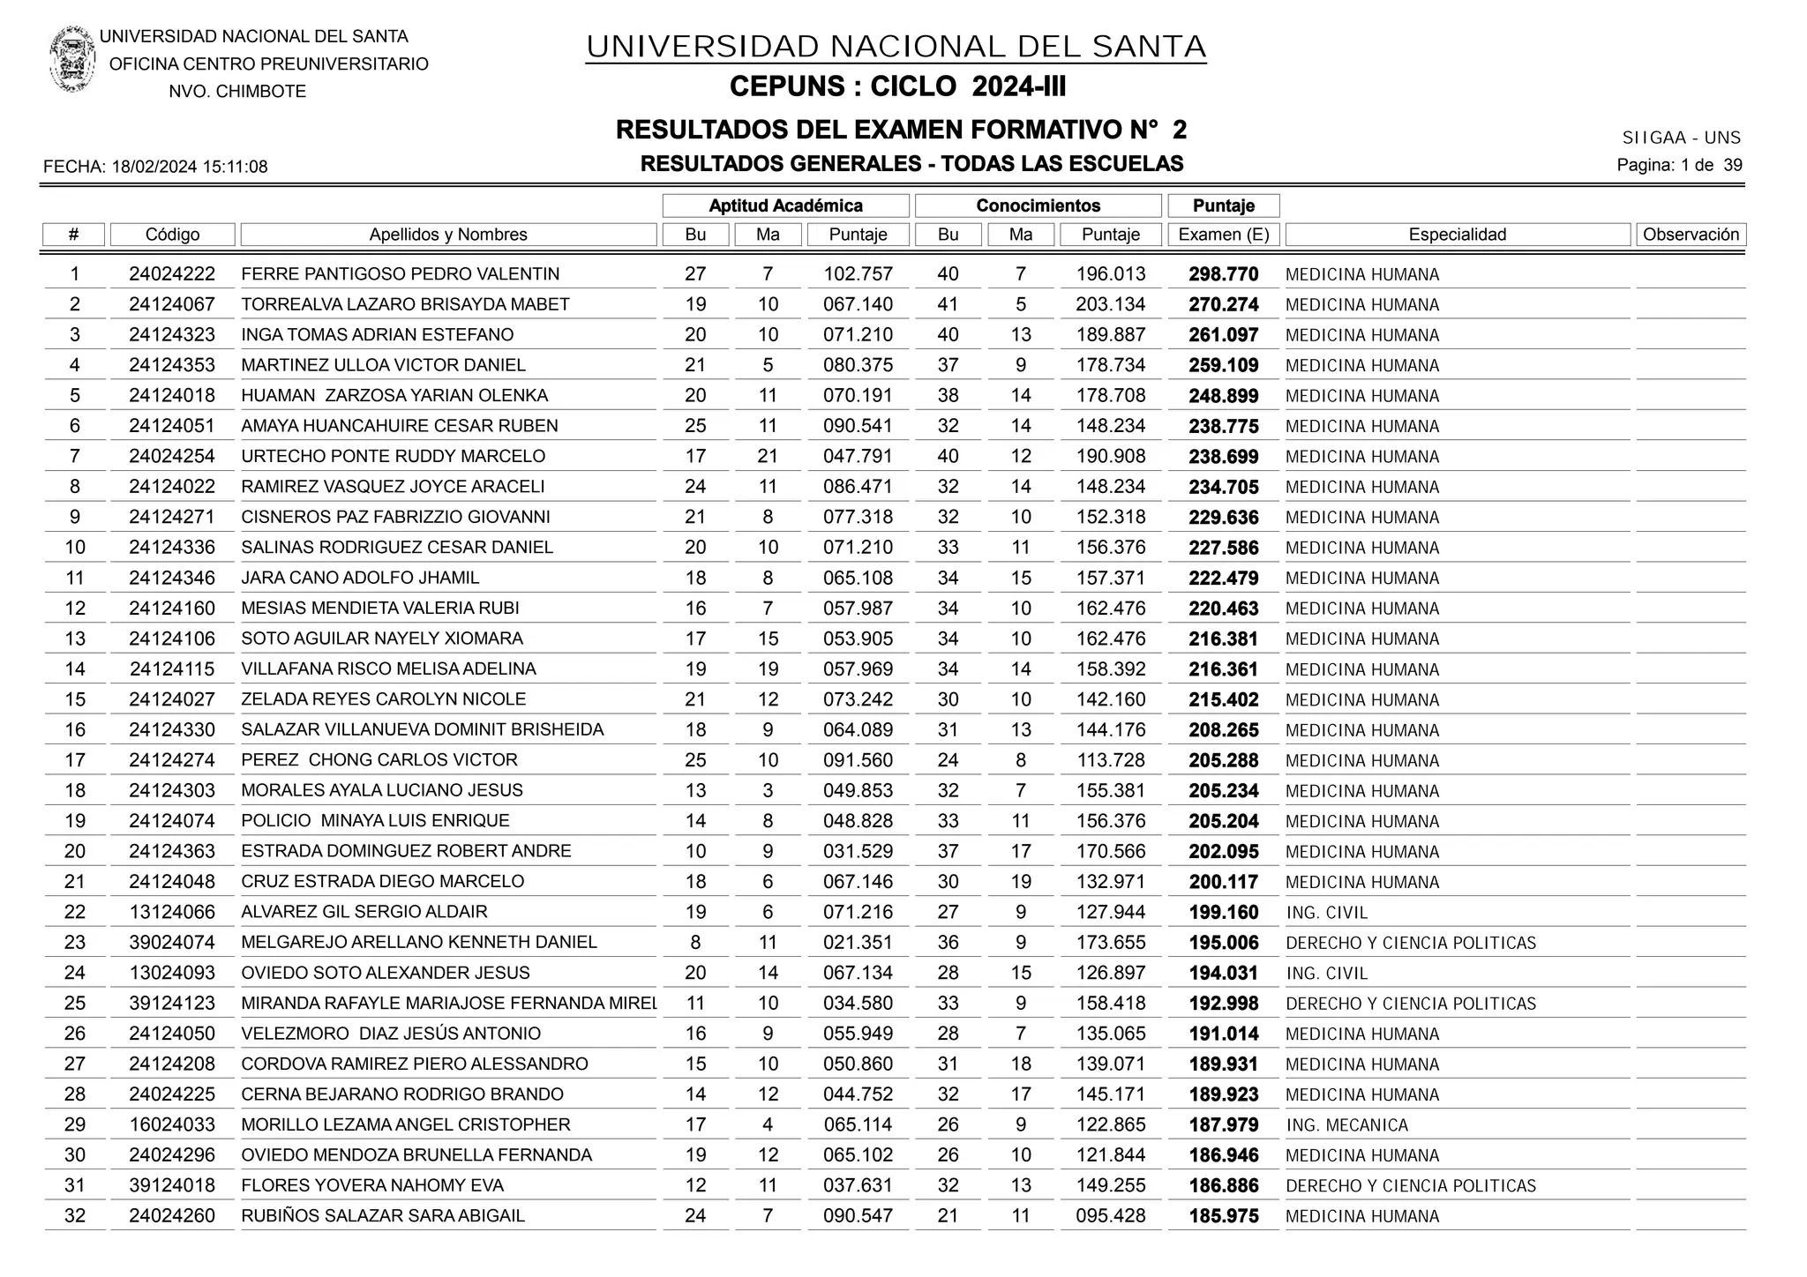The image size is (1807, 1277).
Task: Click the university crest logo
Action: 72,59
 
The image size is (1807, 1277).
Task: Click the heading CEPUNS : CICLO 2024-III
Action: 897,87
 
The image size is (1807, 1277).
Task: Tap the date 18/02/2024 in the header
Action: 154,167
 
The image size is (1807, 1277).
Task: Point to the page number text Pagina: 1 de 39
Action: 1678,165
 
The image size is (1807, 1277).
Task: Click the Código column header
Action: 172,235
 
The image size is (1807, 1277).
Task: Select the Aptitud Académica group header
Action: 785,205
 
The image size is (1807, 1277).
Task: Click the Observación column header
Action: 1690,235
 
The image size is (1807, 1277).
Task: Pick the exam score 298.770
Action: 1223,274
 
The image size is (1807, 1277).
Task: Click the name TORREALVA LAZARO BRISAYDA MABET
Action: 405,304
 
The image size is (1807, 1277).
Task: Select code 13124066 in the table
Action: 172,912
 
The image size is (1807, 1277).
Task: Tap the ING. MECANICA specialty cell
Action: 1346,1125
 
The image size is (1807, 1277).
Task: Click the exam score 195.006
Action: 1223,943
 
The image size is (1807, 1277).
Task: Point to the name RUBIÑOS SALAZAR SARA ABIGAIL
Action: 383,1216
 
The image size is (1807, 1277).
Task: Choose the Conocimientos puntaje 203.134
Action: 1110,304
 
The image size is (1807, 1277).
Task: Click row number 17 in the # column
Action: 75,760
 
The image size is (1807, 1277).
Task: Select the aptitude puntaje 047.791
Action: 858,457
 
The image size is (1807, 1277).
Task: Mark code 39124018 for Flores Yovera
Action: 172,1185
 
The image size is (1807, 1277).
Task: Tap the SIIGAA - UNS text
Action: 1681,138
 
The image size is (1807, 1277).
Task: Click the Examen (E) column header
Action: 1223,235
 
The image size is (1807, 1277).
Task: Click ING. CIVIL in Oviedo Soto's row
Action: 1326,974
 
